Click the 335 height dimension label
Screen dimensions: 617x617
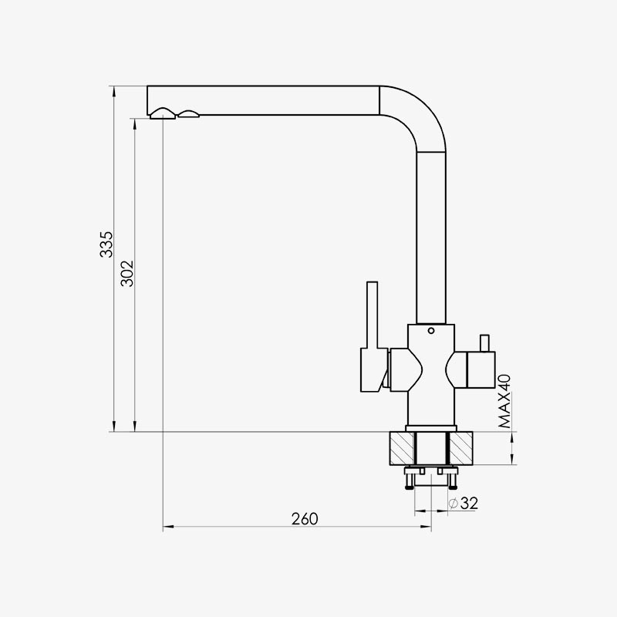106,244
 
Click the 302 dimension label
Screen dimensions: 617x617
127,274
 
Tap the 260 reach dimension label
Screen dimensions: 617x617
305,518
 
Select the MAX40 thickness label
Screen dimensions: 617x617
504,401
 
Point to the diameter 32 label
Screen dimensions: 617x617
464,503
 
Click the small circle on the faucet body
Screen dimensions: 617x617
431,331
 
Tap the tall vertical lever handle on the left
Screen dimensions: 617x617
372,315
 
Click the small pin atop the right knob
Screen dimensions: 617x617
484,343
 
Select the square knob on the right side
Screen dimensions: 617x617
480,370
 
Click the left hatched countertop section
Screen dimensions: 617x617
401,448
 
